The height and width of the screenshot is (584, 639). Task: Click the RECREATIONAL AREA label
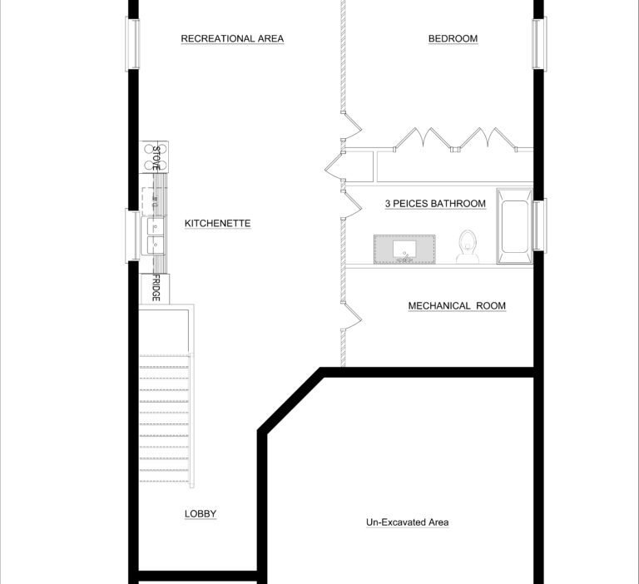(232, 38)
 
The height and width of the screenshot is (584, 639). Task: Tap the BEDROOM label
(453, 38)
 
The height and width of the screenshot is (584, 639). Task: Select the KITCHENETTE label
(218, 223)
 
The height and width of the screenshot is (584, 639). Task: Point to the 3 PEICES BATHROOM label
(435, 203)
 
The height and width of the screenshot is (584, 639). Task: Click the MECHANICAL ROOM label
(457, 305)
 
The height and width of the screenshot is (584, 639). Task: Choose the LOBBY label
(201, 514)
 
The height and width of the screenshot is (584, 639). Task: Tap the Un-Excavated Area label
(408, 522)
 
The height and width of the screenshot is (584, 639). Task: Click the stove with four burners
(154, 157)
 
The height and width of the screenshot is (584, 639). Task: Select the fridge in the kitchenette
(155, 289)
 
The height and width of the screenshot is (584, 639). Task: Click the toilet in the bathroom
(468, 246)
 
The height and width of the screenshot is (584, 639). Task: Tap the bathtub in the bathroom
(515, 225)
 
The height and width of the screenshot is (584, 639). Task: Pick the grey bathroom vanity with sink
(404, 250)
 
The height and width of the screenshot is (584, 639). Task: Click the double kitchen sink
(153, 235)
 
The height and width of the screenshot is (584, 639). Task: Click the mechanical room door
(352, 316)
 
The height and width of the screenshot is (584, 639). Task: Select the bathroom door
(352, 205)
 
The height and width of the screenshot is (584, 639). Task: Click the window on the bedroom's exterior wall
(539, 44)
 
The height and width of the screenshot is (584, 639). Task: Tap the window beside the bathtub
(539, 225)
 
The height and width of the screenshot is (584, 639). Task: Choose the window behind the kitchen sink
(132, 235)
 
